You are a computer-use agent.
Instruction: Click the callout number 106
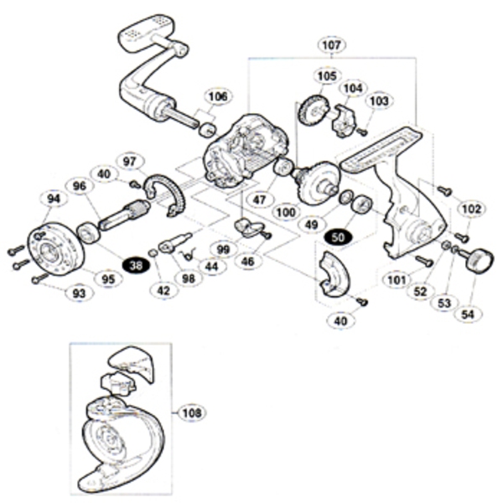tap(217, 97)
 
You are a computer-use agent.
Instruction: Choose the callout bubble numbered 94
tap(54, 199)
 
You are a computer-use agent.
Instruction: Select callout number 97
tap(130, 161)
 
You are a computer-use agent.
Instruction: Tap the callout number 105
tap(324, 76)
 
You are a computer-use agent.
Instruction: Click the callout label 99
tap(222, 249)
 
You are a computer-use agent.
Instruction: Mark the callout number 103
tap(380, 101)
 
